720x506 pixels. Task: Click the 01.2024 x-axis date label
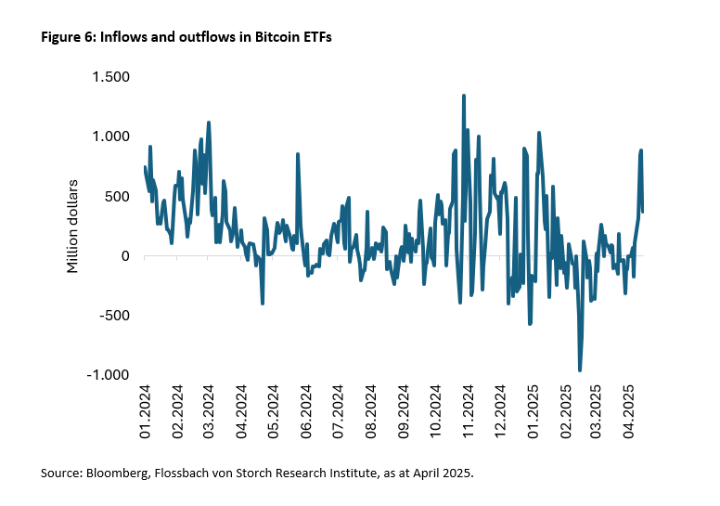click(x=146, y=411)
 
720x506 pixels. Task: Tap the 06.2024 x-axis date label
click(x=306, y=411)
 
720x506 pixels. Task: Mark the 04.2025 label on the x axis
click(x=629, y=411)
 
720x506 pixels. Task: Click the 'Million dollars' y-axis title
click(x=72, y=226)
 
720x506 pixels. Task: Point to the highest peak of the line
click(x=463, y=96)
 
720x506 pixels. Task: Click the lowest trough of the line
click(x=580, y=370)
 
